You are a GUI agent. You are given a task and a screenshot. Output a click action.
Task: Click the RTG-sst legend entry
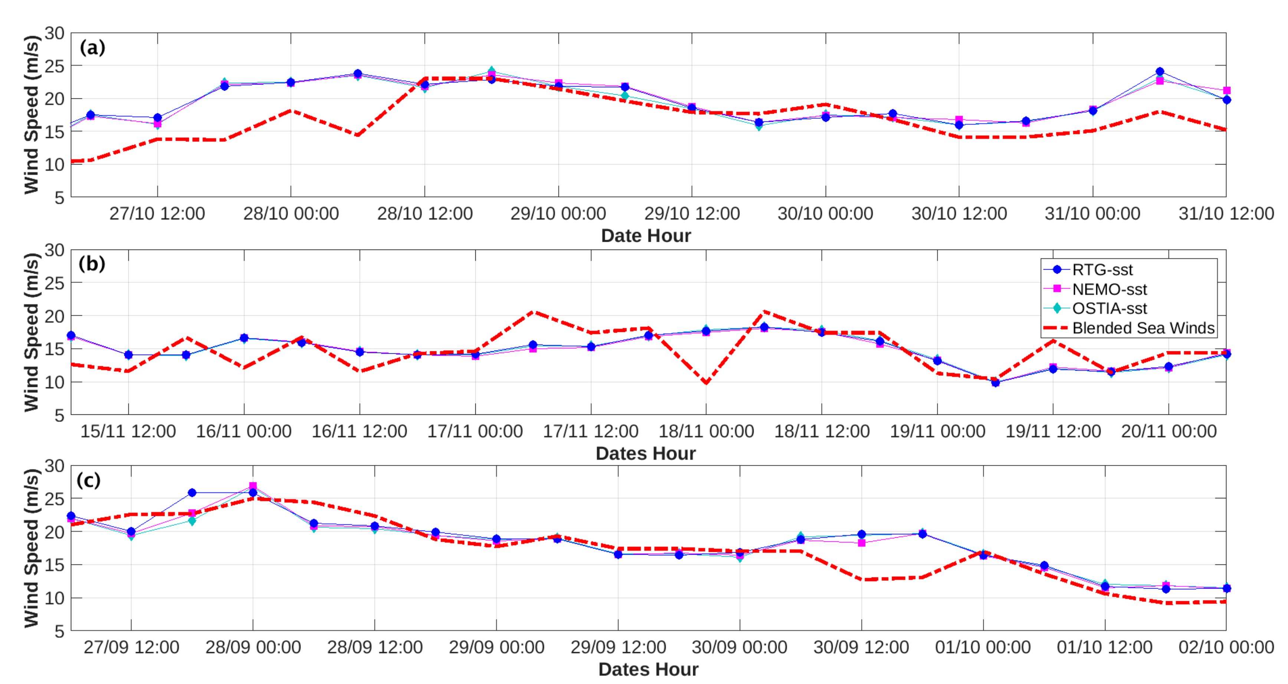(x=1102, y=270)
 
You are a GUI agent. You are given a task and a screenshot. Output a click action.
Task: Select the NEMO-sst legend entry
(x=1109, y=289)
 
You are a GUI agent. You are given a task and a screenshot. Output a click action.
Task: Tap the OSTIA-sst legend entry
(x=1109, y=308)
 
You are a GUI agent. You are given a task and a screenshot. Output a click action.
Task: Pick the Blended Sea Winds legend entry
(x=1143, y=328)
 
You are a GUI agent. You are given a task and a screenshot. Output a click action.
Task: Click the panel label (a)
(x=92, y=48)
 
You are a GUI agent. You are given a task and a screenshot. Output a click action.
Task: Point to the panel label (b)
(x=92, y=264)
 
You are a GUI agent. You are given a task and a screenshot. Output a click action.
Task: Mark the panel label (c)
(x=88, y=481)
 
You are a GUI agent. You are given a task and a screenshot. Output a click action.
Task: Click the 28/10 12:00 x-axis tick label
(x=425, y=214)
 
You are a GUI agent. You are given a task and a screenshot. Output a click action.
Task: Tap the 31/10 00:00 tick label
(x=1092, y=214)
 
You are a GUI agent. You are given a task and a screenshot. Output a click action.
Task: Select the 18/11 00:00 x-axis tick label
(x=706, y=431)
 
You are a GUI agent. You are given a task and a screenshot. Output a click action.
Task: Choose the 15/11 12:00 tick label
(x=128, y=431)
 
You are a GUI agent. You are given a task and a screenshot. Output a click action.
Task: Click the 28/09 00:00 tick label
(x=253, y=647)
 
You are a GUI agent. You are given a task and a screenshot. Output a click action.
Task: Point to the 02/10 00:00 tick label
(x=1226, y=647)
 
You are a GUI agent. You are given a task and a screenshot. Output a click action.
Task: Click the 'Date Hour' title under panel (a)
(x=646, y=236)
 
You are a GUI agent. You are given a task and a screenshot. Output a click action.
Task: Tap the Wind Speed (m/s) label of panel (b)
(x=31, y=332)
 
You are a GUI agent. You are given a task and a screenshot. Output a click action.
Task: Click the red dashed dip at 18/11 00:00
(x=706, y=383)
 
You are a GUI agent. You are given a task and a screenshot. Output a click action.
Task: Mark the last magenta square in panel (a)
(x=1226, y=91)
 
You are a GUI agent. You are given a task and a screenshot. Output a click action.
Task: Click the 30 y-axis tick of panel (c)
(x=55, y=466)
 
